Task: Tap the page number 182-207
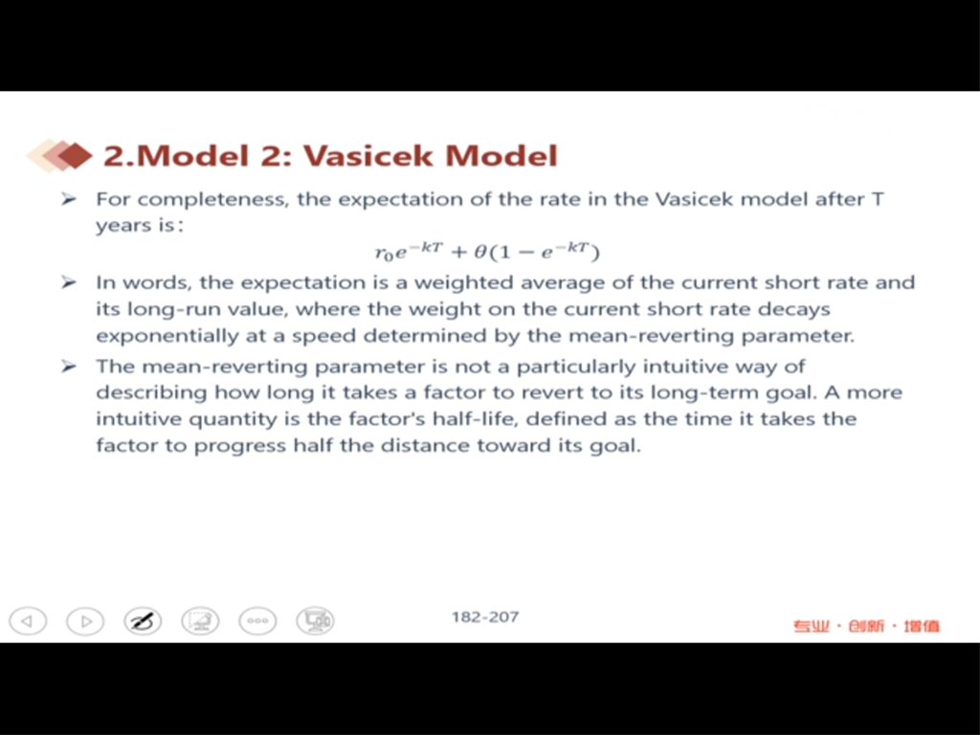(x=485, y=617)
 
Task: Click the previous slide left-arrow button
(x=28, y=621)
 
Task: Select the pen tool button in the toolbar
(x=143, y=621)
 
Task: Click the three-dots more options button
(x=257, y=621)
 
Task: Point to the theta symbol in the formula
(x=479, y=252)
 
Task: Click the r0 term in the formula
(x=384, y=253)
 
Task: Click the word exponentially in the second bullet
(x=167, y=336)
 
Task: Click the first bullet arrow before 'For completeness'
(x=68, y=199)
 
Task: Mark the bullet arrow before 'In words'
(x=68, y=282)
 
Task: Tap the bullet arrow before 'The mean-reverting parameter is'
(x=68, y=366)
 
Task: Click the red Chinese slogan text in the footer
(x=866, y=626)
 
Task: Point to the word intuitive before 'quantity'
(x=137, y=419)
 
